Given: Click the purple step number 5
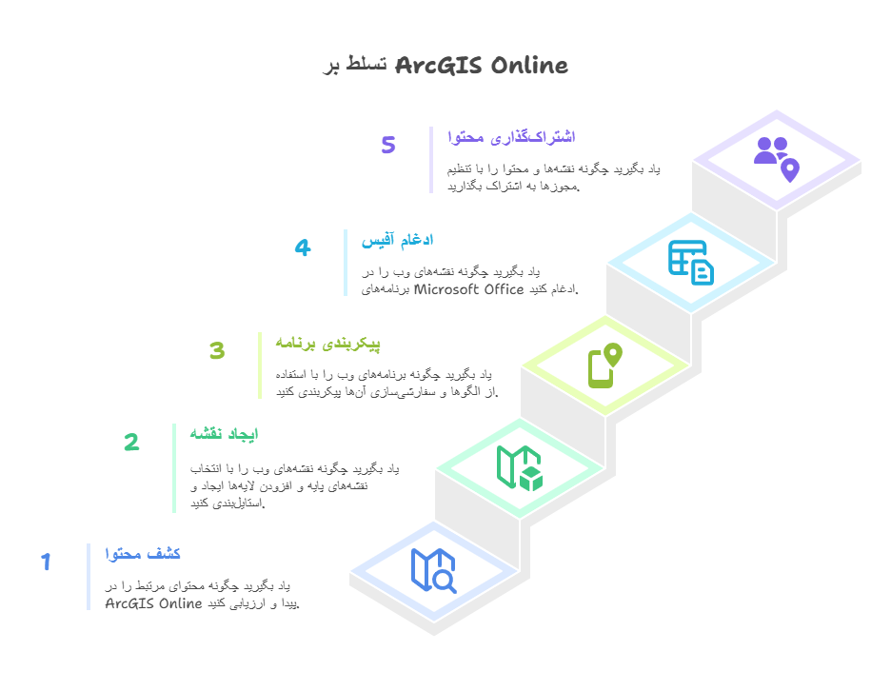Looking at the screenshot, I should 388,146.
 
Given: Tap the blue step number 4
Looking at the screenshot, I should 303,248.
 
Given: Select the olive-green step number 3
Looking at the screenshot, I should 217,351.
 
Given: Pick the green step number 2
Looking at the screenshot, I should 131,443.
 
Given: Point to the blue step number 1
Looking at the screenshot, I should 45,563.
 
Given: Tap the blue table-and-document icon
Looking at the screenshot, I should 690,262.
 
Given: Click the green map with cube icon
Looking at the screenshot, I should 519,467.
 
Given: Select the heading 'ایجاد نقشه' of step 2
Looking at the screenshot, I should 224,434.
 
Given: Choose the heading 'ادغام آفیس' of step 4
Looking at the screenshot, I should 397,241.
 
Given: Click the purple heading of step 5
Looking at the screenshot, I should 511,137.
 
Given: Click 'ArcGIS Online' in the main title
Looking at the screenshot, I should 481,66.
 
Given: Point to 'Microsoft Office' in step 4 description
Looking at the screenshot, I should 469,289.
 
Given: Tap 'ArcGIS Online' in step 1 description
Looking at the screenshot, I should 153,603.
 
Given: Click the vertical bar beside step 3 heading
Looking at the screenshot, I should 260,365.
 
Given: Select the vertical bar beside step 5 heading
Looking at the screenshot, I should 431,159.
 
